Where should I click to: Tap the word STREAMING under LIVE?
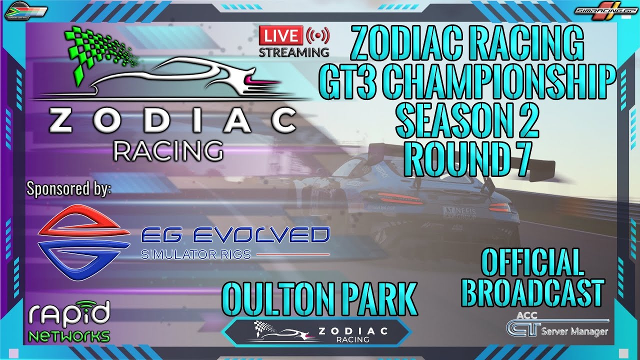294,51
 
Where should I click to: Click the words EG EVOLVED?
235,234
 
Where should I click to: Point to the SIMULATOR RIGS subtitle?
195,254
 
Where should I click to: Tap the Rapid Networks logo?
69,322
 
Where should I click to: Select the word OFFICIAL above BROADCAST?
532,262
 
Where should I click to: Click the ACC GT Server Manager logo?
557,326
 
